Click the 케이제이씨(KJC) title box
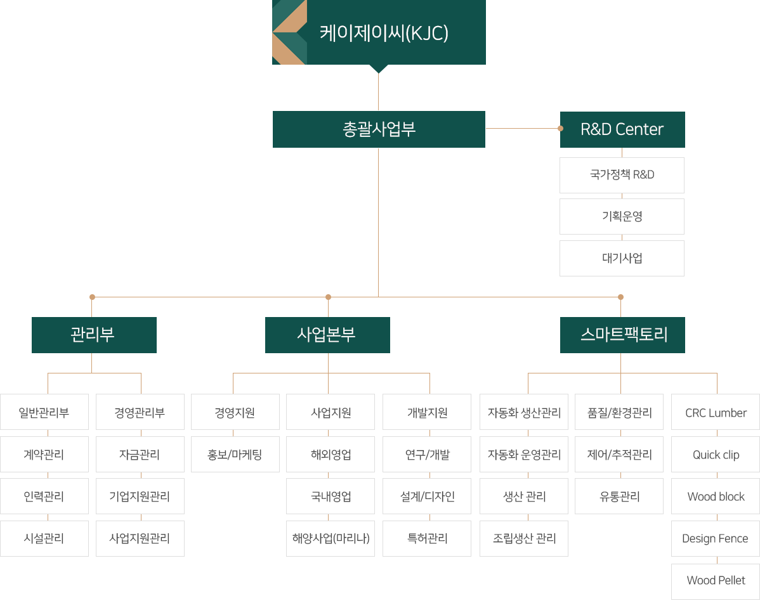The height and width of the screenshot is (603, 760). click(379, 32)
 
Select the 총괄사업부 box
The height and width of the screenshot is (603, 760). click(379, 129)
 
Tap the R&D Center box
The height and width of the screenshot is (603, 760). click(622, 129)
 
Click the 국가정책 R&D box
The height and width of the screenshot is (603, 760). click(622, 175)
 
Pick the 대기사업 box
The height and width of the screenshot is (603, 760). click(622, 258)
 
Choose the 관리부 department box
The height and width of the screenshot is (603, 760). click(94, 335)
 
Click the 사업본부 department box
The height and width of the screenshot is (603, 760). click(327, 335)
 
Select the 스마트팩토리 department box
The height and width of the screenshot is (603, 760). click(622, 335)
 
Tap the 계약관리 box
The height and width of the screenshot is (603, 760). click(44, 454)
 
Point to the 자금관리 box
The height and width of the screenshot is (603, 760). click(140, 454)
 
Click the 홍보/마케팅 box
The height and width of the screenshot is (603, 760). click(235, 454)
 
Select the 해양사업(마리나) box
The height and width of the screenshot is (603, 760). click(331, 538)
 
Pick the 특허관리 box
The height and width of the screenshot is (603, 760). click(427, 538)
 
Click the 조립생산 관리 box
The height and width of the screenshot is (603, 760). click(524, 538)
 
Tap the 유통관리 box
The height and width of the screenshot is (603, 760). click(619, 496)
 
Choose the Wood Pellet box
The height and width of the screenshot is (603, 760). click(716, 580)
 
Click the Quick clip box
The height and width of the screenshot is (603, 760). click(716, 454)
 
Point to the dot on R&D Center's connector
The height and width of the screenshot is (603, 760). click(560, 128)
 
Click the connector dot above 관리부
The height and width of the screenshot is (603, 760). click(92, 297)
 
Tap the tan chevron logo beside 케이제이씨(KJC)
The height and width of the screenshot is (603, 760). click(289, 32)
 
